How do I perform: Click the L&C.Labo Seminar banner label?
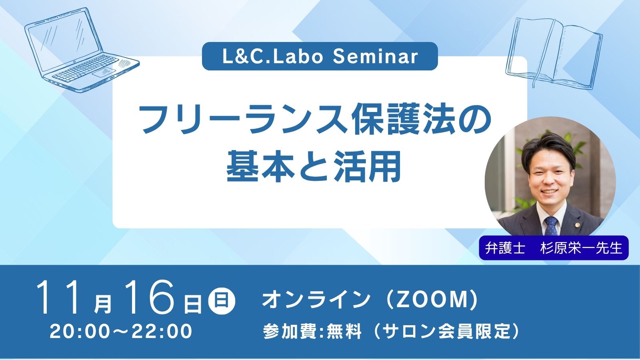coord(320,56)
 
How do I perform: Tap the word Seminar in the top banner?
coord(376,56)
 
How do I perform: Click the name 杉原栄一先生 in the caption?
coord(581,248)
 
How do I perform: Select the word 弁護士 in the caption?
coord(505,248)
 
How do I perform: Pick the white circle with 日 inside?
coord(222,301)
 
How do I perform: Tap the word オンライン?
coord(316,300)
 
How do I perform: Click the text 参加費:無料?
coord(312,332)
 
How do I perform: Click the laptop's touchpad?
coord(104,73)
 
